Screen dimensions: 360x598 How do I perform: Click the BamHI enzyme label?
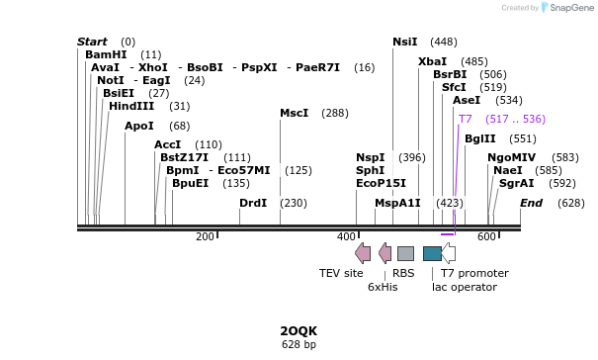click(x=106, y=54)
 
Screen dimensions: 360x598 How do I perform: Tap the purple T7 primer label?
click(x=465, y=119)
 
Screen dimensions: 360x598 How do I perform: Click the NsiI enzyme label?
click(x=404, y=42)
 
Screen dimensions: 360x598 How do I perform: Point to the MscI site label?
click(x=294, y=113)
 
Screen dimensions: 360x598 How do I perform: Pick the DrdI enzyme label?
click(x=253, y=203)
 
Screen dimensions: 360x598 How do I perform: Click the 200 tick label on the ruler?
click(x=205, y=236)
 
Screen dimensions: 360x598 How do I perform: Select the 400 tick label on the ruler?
click(x=346, y=236)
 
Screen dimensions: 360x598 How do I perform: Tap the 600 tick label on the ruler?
click(x=486, y=236)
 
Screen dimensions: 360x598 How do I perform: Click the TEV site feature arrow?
click(x=363, y=253)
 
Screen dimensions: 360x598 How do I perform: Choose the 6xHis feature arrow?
click(x=384, y=253)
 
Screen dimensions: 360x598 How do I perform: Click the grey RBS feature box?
click(x=405, y=253)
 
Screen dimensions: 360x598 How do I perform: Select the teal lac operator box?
click(x=432, y=253)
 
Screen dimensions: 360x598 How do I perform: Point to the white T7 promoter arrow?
click(x=448, y=253)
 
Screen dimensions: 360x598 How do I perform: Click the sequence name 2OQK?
click(x=299, y=330)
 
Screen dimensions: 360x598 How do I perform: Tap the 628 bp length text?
click(x=299, y=344)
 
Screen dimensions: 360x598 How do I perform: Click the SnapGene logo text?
click(x=571, y=8)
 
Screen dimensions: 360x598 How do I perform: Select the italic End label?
click(x=532, y=203)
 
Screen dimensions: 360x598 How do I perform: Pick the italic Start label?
click(x=92, y=42)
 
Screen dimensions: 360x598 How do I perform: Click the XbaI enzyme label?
click(x=432, y=61)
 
